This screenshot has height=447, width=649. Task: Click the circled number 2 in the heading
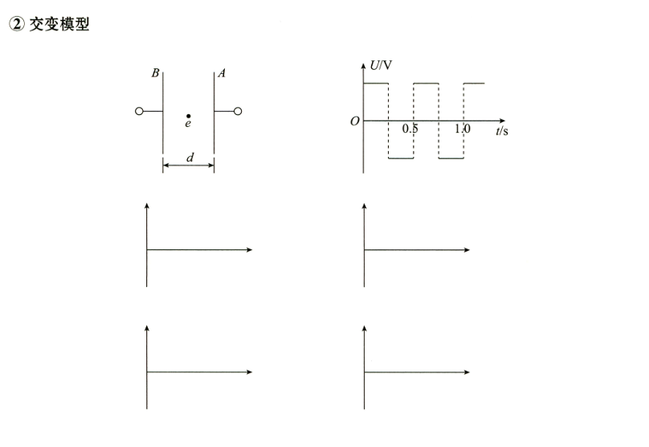(x=17, y=24)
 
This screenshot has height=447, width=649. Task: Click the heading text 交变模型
(x=59, y=24)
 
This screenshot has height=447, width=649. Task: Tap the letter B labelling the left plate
(x=155, y=73)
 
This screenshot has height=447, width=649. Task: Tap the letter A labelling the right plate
(x=222, y=73)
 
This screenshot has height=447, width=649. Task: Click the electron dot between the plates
(x=188, y=116)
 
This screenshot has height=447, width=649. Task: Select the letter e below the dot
(x=188, y=124)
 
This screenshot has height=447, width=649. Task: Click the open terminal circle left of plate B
(x=139, y=111)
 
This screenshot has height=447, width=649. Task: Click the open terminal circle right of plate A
(x=238, y=111)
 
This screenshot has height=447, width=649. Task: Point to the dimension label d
(x=190, y=158)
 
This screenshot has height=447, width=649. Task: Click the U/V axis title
(x=381, y=65)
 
